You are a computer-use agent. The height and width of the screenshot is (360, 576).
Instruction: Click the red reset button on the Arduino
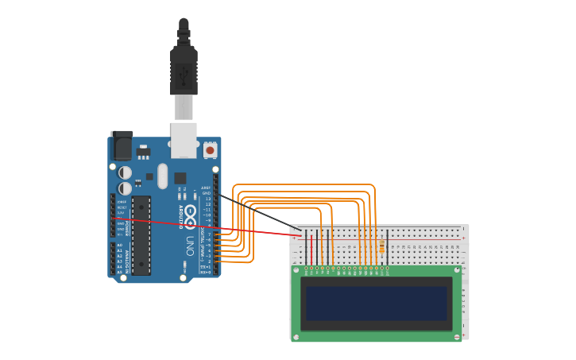click(210, 149)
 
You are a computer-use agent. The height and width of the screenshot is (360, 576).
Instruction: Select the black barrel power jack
click(122, 145)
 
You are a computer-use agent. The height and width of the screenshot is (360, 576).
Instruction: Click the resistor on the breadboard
click(382, 247)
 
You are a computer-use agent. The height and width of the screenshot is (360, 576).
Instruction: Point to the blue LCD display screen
click(377, 303)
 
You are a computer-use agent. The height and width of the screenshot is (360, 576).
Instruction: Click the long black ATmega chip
click(141, 235)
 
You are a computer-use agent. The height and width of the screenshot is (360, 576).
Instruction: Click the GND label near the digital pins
click(206, 193)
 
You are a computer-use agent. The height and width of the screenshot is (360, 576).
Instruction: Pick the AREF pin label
click(206, 188)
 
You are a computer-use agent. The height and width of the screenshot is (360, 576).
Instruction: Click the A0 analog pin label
click(120, 246)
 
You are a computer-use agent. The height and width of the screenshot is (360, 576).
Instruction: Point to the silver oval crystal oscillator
click(163, 176)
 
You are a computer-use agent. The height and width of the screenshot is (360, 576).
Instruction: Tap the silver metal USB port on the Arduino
click(184, 139)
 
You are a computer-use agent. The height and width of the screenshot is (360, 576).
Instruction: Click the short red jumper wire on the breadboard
click(311, 249)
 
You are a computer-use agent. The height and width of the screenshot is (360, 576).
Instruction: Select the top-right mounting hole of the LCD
click(456, 270)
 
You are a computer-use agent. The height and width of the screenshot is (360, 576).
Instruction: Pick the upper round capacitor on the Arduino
click(126, 172)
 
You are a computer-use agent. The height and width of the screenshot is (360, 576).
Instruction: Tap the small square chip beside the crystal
click(180, 178)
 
